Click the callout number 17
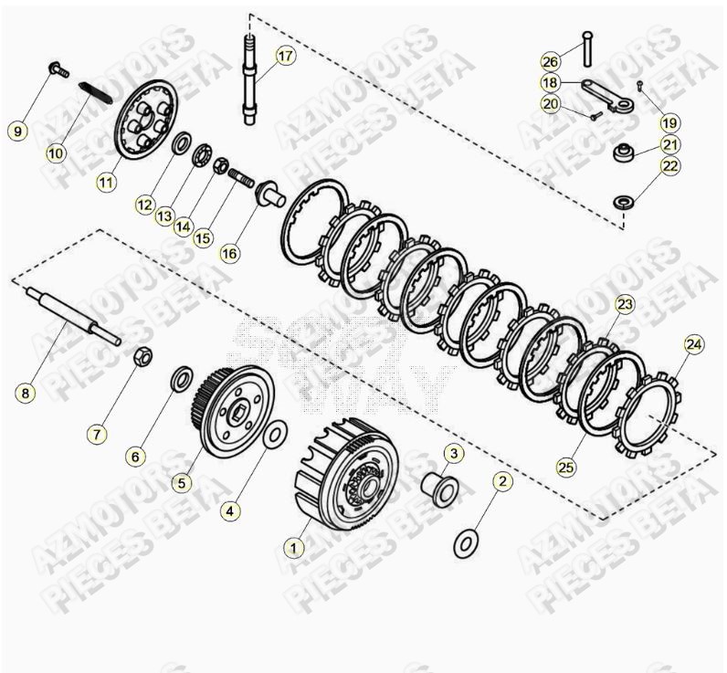point(286,56)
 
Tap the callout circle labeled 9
point(17,131)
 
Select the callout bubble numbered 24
point(693,344)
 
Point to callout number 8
point(26,394)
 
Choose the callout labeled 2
point(501,480)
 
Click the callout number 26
point(550,62)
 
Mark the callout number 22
point(670,166)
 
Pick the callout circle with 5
point(182,481)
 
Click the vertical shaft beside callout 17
point(248,78)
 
